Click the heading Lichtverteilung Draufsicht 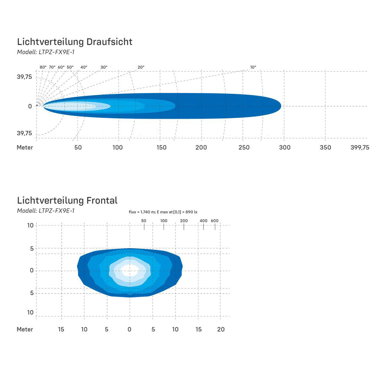74,42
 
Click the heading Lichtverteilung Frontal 67,201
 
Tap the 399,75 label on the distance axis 360,147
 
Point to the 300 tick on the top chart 285,147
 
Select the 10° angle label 253,67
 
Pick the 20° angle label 141,67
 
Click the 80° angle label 43,67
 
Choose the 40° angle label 84,67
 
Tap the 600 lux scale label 215,221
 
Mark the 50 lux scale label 144,221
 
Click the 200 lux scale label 184,221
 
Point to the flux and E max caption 163,212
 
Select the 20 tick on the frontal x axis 221,329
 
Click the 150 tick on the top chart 161,147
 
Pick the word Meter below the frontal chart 25,329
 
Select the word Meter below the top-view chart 25,147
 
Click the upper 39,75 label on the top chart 24,77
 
